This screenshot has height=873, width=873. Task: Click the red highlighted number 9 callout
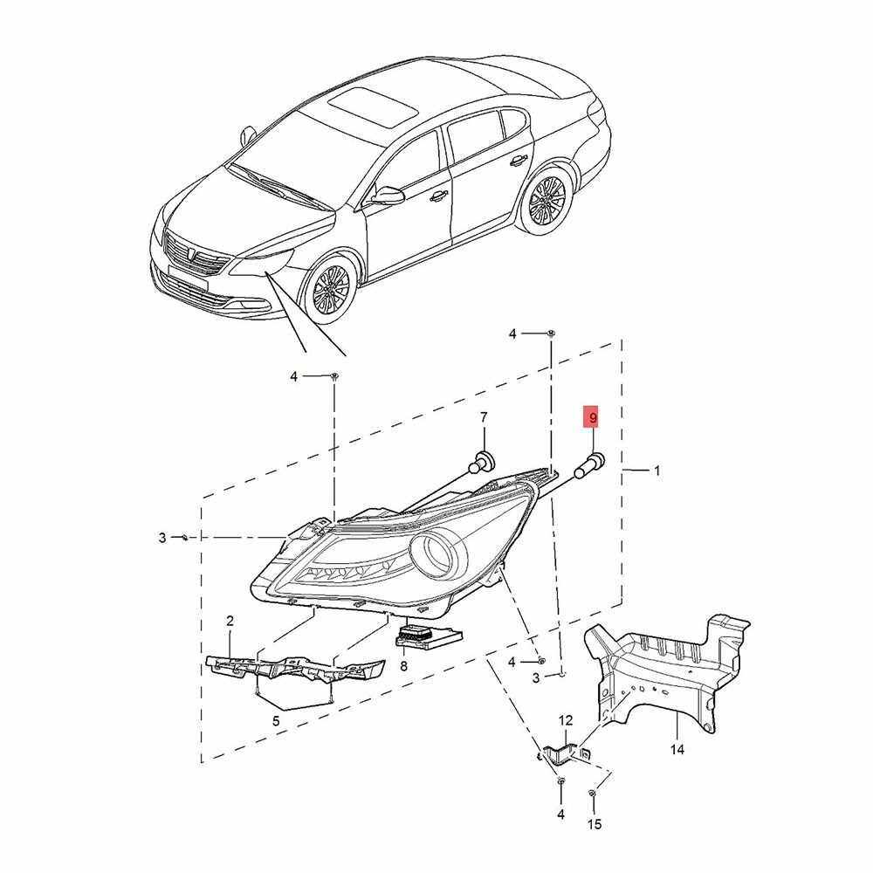click(x=593, y=416)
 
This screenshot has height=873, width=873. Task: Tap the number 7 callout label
click(x=484, y=417)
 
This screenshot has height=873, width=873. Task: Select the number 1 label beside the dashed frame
click(x=656, y=471)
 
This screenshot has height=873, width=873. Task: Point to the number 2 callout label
click(x=230, y=621)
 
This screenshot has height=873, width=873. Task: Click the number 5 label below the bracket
click(x=276, y=722)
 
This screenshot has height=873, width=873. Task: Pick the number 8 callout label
click(x=403, y=666)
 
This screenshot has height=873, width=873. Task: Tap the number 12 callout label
click(x=565, y=721)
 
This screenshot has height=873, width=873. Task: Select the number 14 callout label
click(x=677, y=749)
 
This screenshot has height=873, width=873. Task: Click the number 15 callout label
click(x=595, y=824)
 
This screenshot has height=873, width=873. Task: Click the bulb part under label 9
click(x=589, y=464)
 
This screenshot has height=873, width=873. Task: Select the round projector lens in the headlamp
click(x=438, y=555)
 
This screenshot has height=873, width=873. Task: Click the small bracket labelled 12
click(x=563, y=753)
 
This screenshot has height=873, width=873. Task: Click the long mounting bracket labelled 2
click(x=295, y=667)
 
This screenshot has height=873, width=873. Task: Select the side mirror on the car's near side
click(x=388, y=195)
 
